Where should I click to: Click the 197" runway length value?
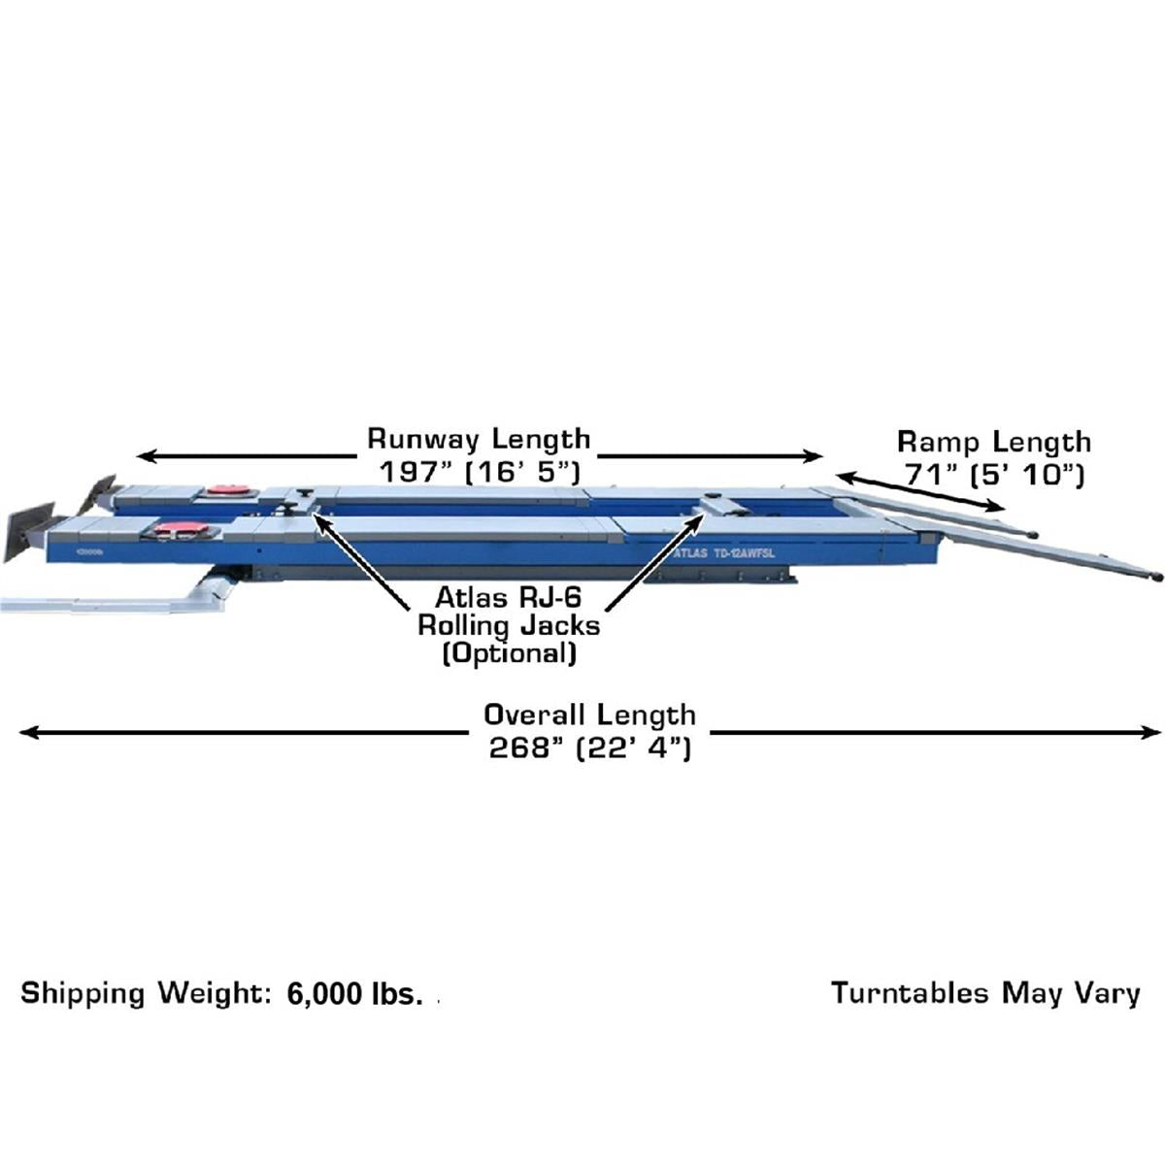480,472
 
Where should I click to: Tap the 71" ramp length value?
994,475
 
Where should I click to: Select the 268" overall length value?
589,749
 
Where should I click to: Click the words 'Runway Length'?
479,440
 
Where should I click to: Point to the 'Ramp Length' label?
994,443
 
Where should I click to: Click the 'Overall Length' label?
589,716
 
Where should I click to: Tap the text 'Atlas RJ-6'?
508,598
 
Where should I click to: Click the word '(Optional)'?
509,653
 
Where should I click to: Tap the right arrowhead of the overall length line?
1150,733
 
